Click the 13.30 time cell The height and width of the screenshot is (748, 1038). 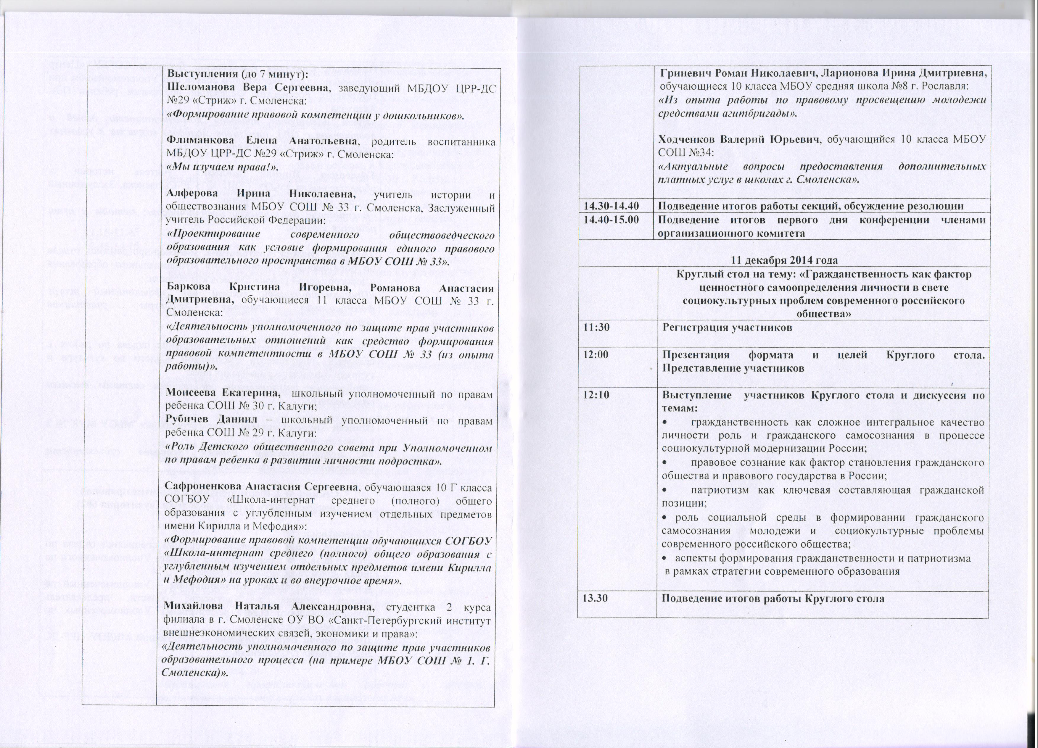click(x=594, y=598)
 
